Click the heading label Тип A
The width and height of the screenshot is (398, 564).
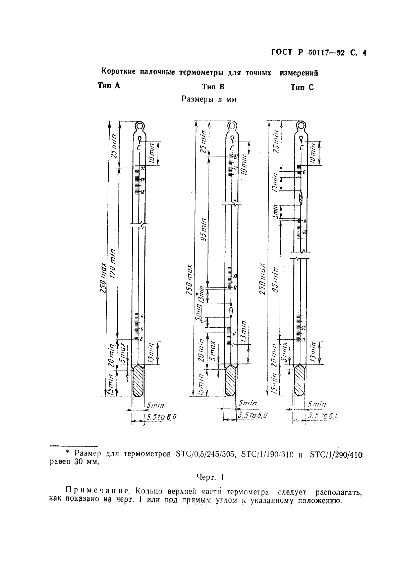click(x=109, y=86)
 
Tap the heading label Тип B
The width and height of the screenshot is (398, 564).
click(x=213, y=87)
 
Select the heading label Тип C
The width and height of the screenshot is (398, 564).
click(x=302, y=88)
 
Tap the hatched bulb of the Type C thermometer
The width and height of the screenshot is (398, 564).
click(x=299, y=381)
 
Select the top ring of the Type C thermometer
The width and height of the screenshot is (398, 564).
click(x=301, y=127)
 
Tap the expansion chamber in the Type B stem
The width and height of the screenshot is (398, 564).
click(x=231, y=310)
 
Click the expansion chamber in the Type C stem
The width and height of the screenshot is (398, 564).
click(x=301, y=198)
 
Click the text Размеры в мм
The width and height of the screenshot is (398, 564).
click(x=209, y=99)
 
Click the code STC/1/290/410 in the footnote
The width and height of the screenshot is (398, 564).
click(x=336, y=455)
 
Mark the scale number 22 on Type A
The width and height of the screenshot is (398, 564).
click(x=143, y=168)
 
